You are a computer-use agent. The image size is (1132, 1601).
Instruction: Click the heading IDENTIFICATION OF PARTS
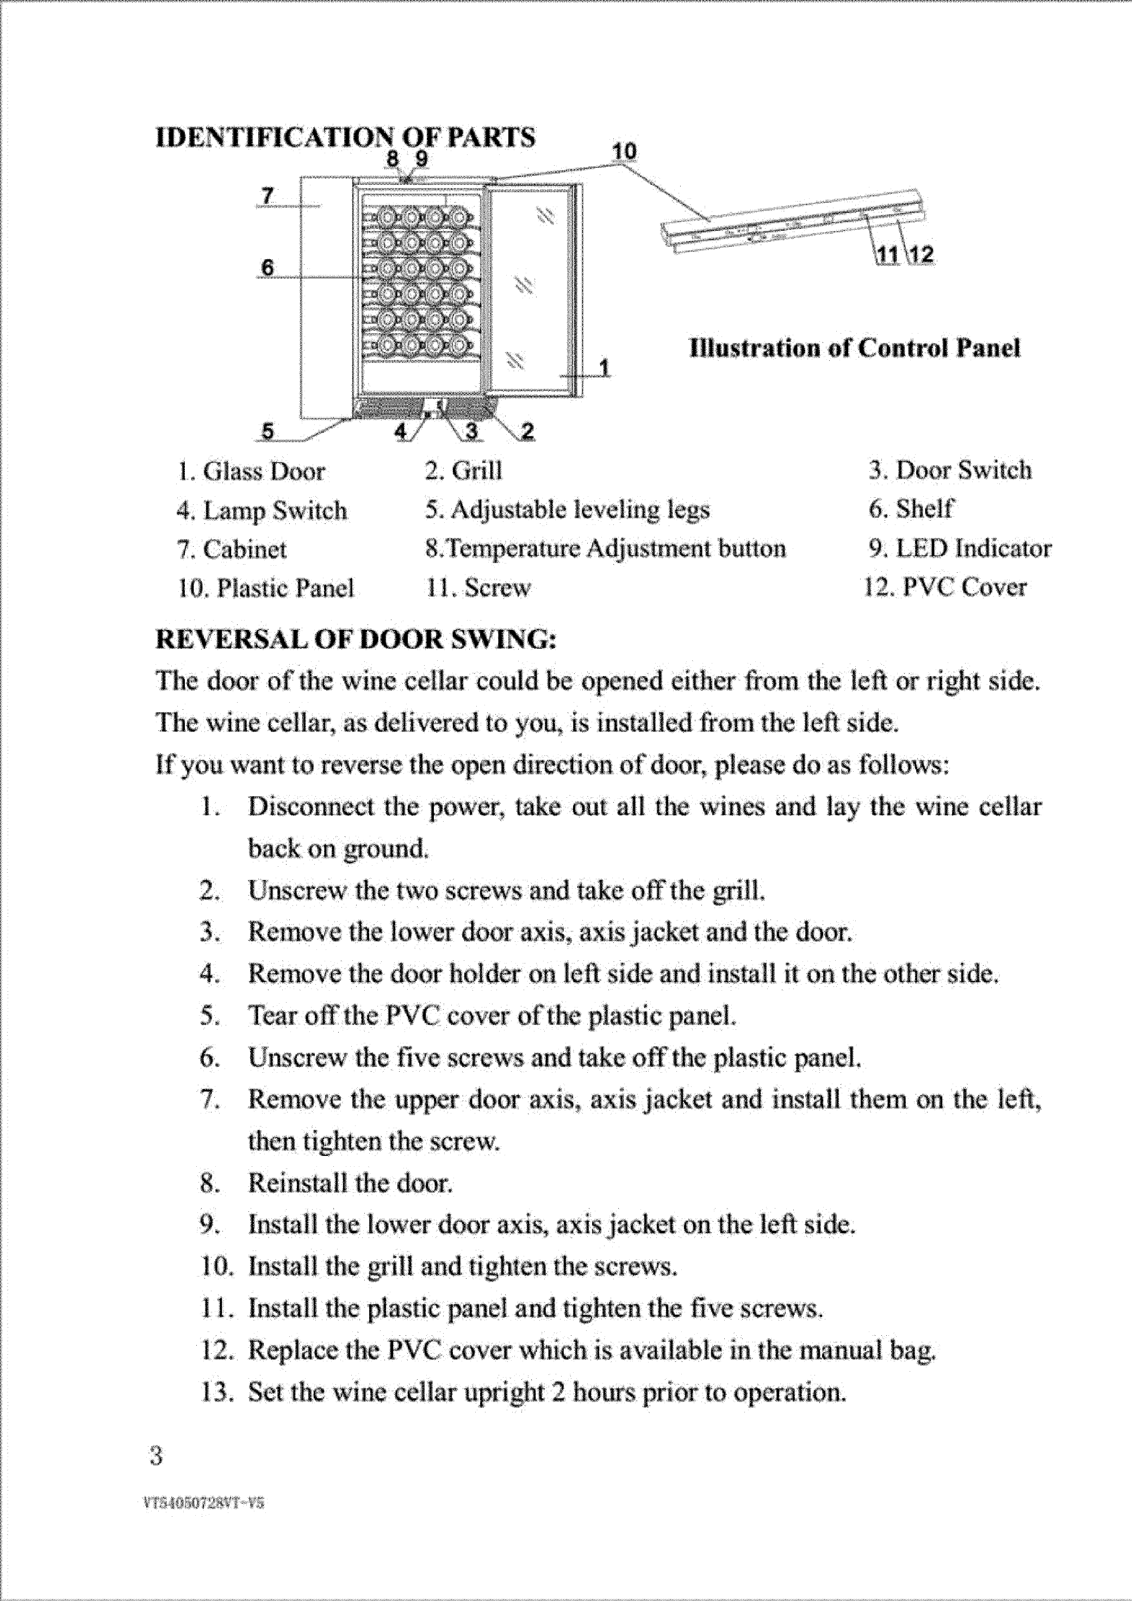[x=345, y=137]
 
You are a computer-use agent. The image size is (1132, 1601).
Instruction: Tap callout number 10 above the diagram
[x=624, y=151]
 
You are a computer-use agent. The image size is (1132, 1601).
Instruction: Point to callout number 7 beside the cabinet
[x=267, y=196]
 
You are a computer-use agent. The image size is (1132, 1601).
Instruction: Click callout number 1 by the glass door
[x=604, y=367]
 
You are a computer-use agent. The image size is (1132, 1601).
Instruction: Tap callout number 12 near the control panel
[x=922, y=254]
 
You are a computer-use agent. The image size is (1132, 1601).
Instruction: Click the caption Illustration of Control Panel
[x=854, y=347]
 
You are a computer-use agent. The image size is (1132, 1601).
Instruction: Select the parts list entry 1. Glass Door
[x=251, y=471]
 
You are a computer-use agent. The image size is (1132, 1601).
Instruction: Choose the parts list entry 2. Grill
[x=464, y=471]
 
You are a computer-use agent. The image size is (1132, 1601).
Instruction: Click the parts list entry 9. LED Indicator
[x=960, y=548]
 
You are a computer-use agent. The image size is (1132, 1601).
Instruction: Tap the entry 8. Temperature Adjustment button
[x=605, y=549]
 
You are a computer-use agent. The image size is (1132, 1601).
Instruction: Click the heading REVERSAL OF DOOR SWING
[x=356, y=639]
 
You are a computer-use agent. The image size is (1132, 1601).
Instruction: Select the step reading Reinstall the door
[x=351, y=1183]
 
